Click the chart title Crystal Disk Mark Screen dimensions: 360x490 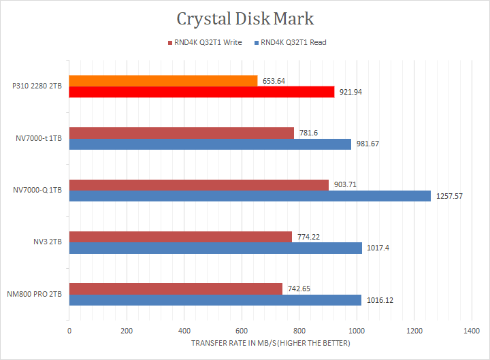tap(245, 18)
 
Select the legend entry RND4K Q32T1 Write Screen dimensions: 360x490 tap(206, 42)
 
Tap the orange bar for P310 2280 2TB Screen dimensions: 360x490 tap(163, 80)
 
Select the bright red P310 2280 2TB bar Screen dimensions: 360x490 tap(201, 92)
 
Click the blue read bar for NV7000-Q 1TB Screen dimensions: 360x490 tap(250, 196)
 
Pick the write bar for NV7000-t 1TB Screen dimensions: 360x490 tap(182, 133)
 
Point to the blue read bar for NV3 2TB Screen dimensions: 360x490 tap(215, 248)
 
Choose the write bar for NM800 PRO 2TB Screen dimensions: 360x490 tap(176, 289)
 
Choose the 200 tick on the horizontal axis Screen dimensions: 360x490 tap(127, 331)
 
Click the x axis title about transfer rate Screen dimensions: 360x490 tap(270, 343)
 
